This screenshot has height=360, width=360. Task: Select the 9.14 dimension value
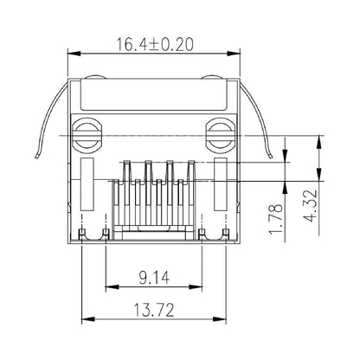(154, 278)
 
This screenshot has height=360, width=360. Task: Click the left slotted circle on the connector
(87, 134)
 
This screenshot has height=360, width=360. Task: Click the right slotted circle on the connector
(221, 134)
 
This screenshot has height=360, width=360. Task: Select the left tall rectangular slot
(87, 186)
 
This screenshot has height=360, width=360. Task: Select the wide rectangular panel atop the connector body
(154, 97)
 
